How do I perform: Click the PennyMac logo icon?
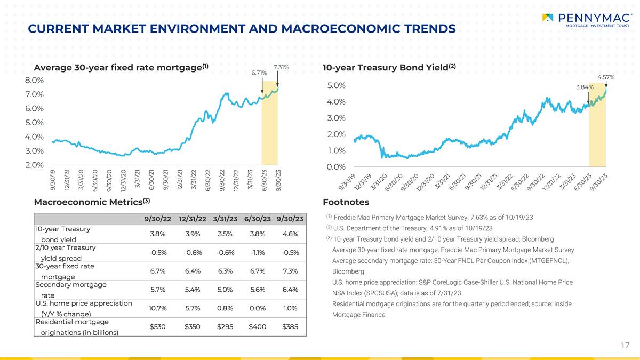(547, 18)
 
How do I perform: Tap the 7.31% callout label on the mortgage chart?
(281, 67)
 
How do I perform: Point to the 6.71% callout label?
(259, 73)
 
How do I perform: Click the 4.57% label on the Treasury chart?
(606, 77)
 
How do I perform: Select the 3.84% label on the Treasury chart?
(585, 87)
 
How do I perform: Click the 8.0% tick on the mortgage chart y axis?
(34, 81)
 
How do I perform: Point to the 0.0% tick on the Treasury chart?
(336, 167)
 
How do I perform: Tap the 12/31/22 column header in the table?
(193, 219)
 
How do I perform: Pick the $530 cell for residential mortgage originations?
(158, 326)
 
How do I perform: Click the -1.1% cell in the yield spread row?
(258, 253)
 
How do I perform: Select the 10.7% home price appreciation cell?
(158, 308)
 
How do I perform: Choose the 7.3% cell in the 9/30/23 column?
(290, 271)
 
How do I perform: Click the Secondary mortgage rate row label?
(70, 290)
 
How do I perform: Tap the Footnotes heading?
(346, 202)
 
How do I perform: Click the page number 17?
(625, 346)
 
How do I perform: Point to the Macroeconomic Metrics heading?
(92, 202)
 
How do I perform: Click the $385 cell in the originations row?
(290, 326)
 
